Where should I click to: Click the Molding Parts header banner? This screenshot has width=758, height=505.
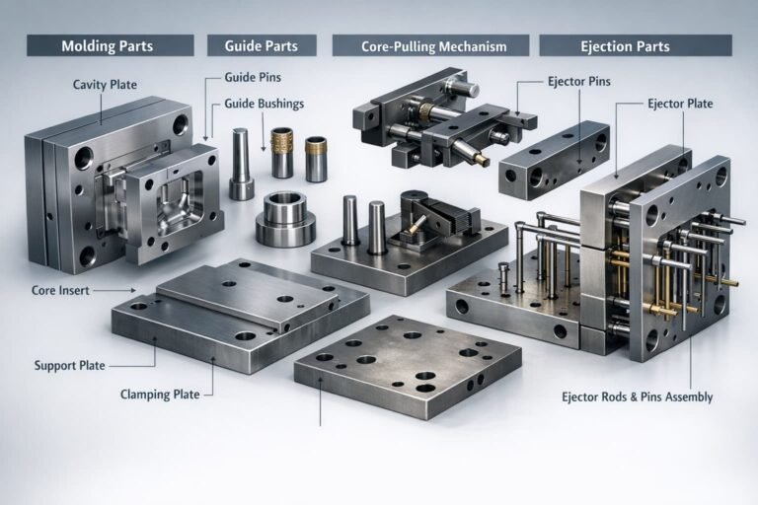pos(111,46)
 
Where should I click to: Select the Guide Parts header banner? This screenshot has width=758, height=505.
pos(262,46)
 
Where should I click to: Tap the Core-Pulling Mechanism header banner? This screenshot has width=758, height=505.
pos(430,46)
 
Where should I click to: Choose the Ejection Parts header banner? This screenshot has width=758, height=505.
pos(636,46)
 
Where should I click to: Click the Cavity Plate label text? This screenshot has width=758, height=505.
pos(105,85)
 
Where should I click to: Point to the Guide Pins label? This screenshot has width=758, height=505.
pos(253,77)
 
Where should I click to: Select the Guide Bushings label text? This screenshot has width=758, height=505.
pos(264,104)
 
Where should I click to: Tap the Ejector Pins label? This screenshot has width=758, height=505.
pos(579,81)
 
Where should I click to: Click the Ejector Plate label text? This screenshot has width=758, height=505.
pos(680,104)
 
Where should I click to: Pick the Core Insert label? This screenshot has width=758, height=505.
pos(60,290)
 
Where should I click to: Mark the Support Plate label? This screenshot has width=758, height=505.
pos(70,365)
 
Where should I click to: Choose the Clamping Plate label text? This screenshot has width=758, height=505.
pos(160,395)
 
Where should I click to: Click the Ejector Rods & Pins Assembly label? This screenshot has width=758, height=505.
pos(638,397)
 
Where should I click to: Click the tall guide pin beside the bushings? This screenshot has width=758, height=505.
pos(241,164)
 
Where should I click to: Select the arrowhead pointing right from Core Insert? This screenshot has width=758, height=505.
pos(133,290)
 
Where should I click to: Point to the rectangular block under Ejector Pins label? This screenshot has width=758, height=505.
pos(554,160)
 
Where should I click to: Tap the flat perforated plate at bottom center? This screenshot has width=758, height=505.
pos(408,366)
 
